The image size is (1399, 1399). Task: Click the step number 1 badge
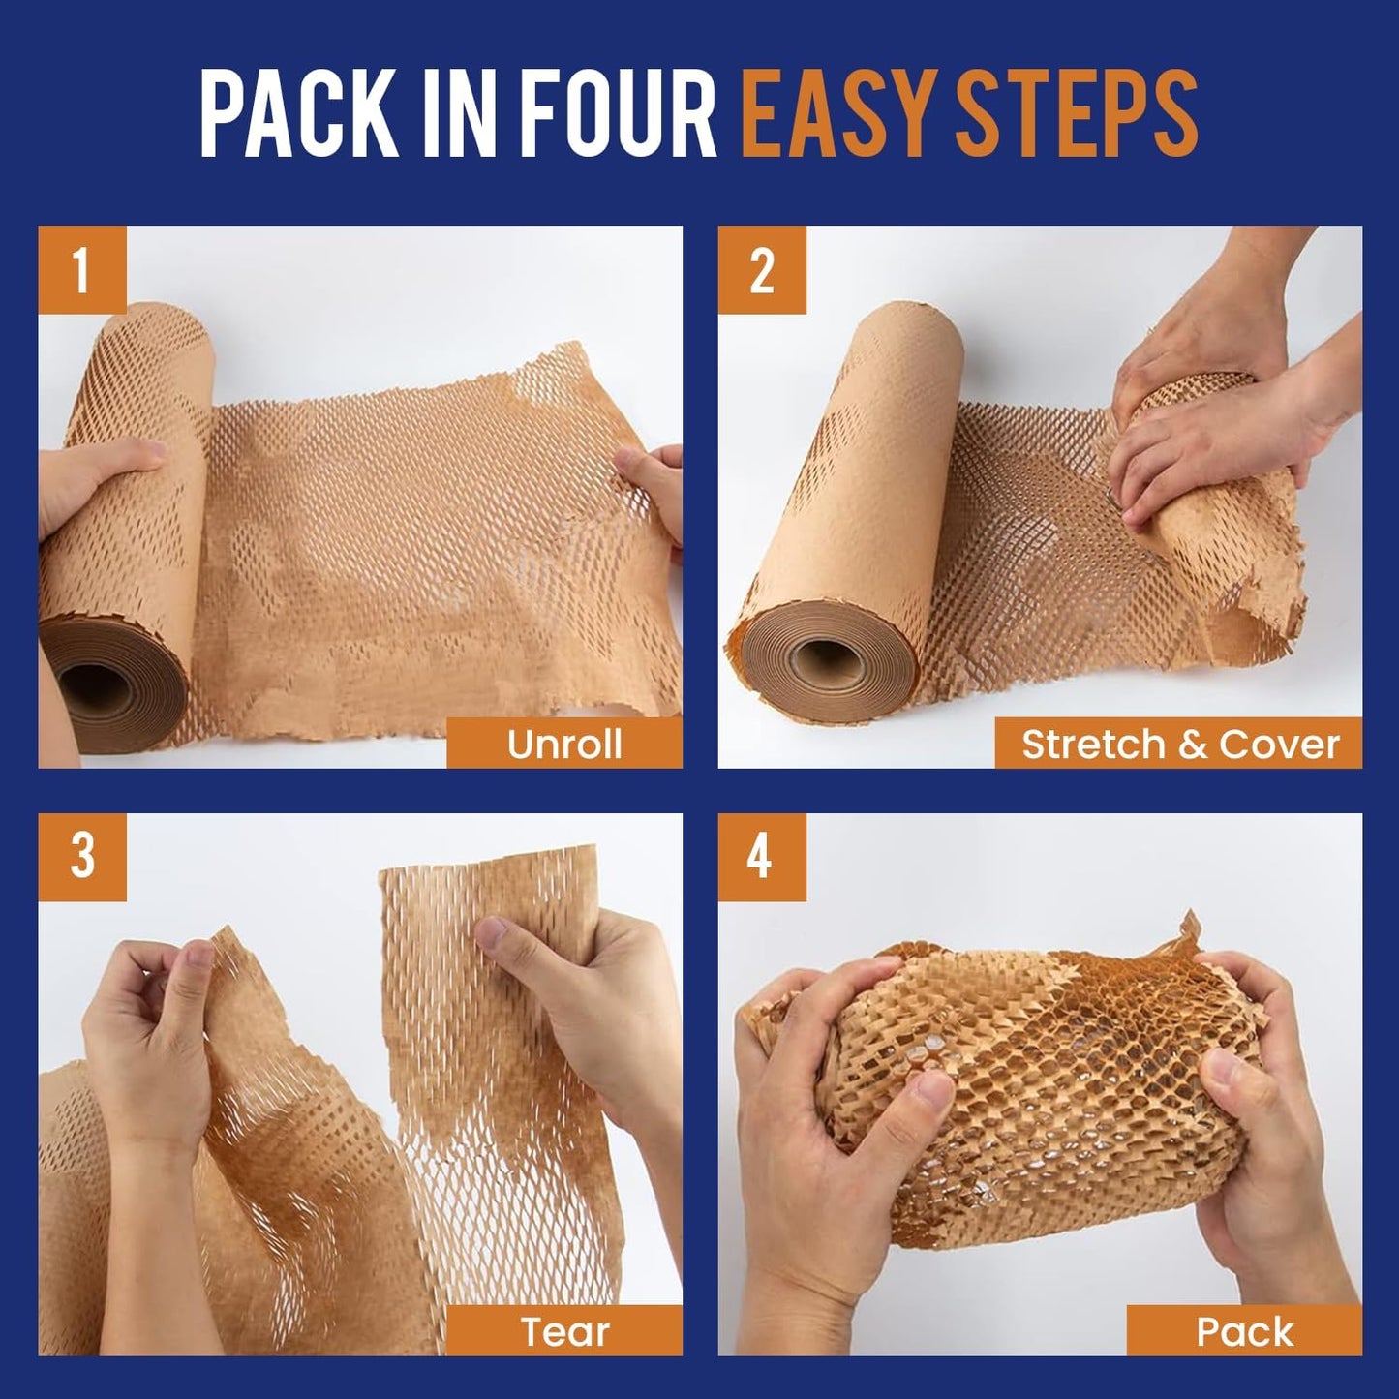point(81,270)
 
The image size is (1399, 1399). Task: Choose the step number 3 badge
point(81,857)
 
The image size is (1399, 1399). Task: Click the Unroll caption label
point(564,744)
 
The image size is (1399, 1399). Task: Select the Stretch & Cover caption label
point(1179,744)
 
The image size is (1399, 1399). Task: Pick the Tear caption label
point(564,1331)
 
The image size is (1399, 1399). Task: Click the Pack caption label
point(1244,1331)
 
